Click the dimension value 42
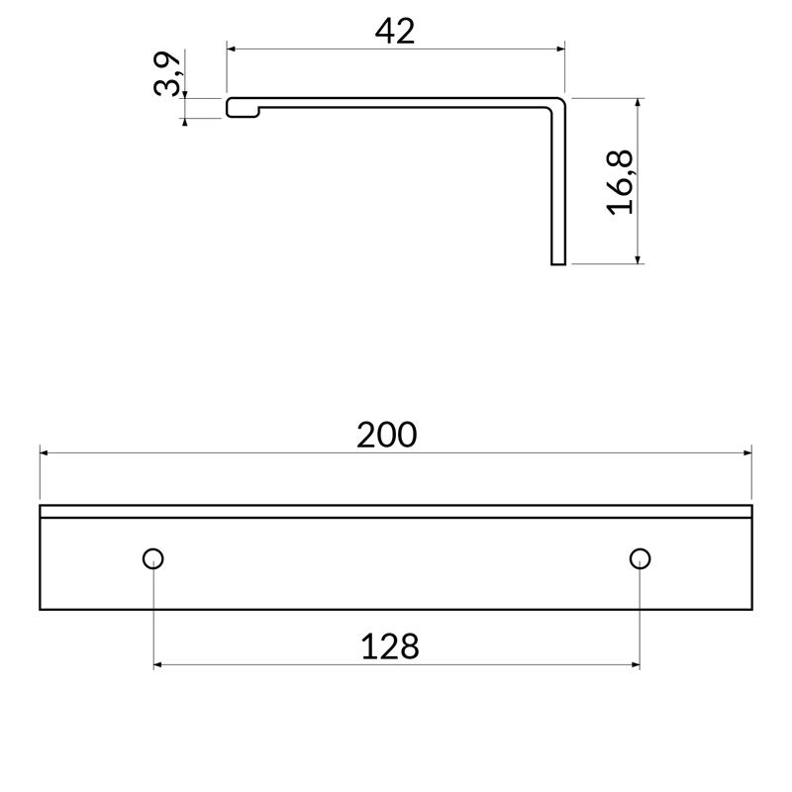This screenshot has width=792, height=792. [x=395, y=31]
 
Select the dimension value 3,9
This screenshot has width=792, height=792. [x=168, y=74]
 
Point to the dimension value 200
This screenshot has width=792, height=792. [x=387, y=435]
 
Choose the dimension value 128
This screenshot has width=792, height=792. [x=389, y=647]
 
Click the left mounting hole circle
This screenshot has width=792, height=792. [x=153, y=558]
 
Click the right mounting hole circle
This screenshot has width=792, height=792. [x=640, y=558]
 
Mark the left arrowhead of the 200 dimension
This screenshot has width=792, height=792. [x=46, y=453]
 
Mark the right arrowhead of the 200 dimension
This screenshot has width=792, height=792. [x=745, y=453]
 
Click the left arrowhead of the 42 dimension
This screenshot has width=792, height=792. [x=233, y=47]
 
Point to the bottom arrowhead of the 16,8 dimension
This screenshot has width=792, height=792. [x=639, y=258]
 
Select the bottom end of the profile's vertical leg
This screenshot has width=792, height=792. [x=558, y=262]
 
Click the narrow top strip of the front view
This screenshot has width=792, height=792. [x=396, y=512]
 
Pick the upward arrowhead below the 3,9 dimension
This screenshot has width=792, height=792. [x=185, y=123]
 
